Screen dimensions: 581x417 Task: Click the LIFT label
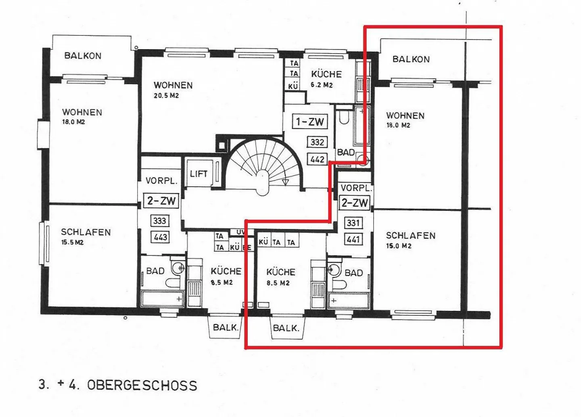coord(199,174)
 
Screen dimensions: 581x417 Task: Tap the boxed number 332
coord(317,142)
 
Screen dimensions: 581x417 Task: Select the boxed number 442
coord(317,159)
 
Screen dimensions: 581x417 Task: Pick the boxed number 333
coord(159,221)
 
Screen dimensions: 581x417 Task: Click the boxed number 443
coord(160,237)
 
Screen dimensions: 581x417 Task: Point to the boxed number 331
coord(353,223)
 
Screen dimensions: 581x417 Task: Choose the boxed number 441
coord(353,239)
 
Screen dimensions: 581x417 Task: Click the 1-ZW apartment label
coord(310,122)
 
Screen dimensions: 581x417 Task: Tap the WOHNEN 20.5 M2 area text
coord(173,90)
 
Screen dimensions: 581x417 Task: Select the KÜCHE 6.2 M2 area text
coord(326,79)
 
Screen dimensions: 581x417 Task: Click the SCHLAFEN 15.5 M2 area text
coord(86,236)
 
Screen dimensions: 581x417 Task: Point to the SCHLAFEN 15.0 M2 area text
coord(411,240)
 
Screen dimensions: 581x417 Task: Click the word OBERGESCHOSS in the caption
coord(142,386)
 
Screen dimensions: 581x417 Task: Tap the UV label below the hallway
coord(241,233)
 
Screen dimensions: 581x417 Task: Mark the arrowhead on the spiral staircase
coord(286,182)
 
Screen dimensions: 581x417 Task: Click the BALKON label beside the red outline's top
coord(411,59)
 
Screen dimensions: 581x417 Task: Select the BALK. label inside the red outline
coord(286,329)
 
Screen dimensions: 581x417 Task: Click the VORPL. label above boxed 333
coord(161,180)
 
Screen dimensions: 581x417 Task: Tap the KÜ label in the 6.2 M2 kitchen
coord(293,86)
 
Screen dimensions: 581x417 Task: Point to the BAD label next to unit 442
coord(346,152)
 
